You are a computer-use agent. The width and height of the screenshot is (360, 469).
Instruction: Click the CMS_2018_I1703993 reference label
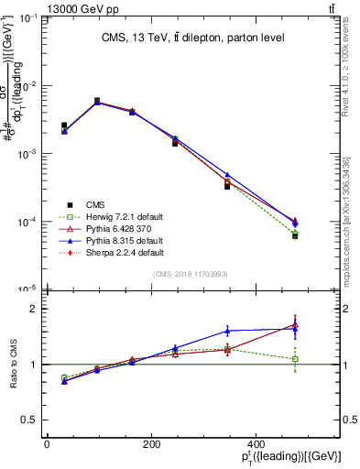(191, 274)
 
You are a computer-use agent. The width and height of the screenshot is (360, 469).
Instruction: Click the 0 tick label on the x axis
(47, 444)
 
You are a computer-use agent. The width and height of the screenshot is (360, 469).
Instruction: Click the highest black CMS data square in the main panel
(97, 101)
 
